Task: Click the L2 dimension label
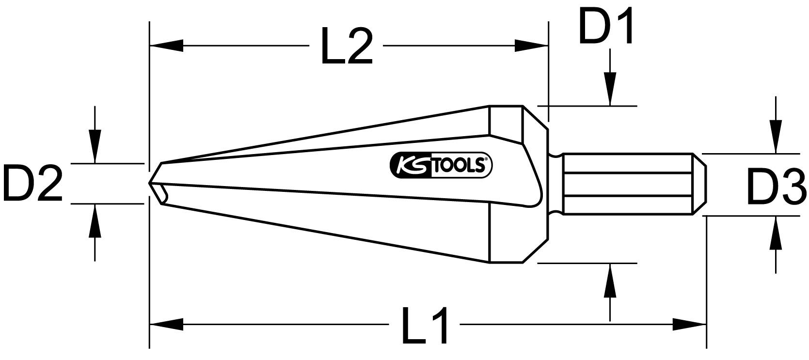coord(346,47)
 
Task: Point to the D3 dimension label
coord(776,187)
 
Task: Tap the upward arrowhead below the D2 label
coord(95,220)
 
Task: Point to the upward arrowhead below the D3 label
coord(775,233)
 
